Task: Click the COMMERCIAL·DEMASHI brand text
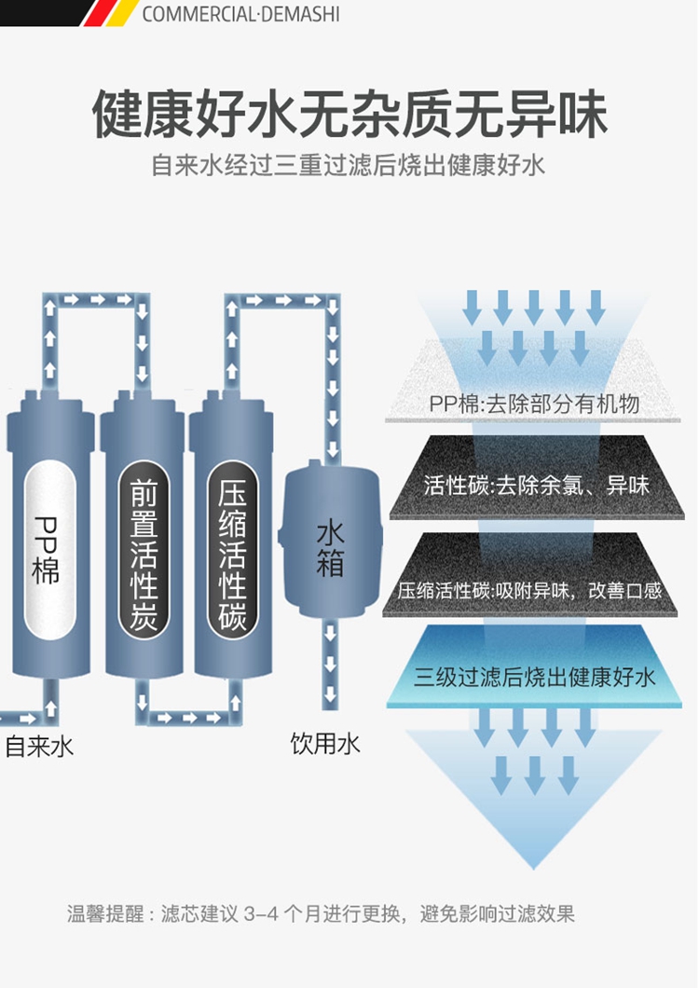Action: pos(240,15)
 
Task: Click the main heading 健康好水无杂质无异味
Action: pos(349,115)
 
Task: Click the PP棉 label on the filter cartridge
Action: pos(46,550)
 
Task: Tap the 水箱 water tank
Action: pos(330,549)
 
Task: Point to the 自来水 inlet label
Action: pos(39,747)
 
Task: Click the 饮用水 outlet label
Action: pos(324,744)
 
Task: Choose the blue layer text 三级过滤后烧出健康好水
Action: pos(534,677)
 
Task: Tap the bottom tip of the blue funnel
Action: pos(534,862)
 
